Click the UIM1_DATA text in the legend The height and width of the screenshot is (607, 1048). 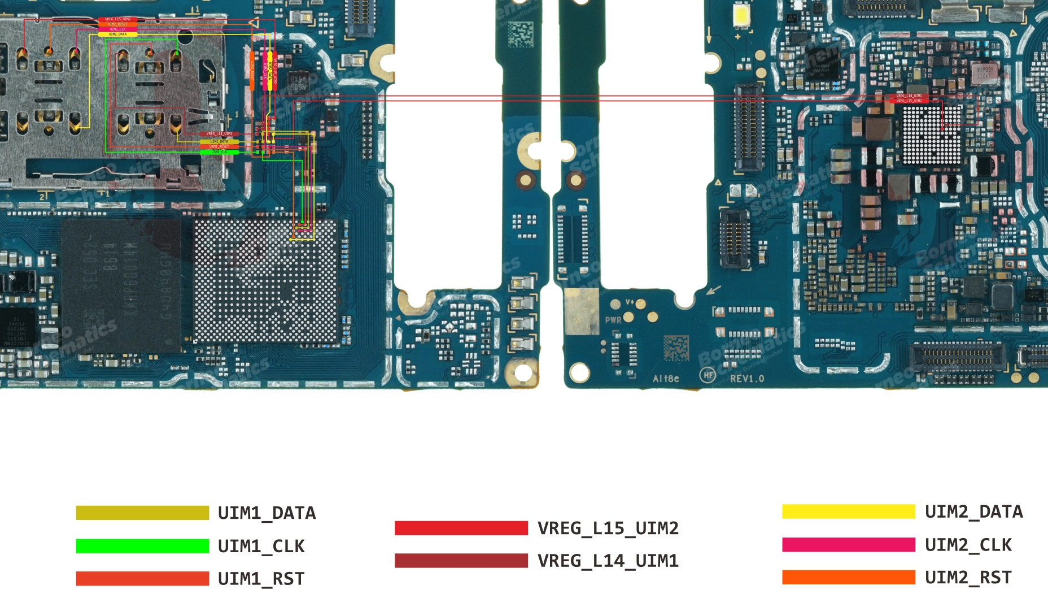pos(267,513)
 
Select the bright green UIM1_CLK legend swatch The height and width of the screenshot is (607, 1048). pos(142,546)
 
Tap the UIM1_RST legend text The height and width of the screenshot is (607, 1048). pos(261,579)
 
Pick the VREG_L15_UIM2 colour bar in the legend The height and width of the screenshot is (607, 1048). pos(461,528)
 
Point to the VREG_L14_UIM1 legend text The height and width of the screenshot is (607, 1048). pos(608,561)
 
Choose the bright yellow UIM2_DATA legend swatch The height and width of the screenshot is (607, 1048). pos(848,511)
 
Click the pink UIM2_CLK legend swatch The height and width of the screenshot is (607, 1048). pos(848,544)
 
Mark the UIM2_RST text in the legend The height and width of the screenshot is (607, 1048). pos(968,578)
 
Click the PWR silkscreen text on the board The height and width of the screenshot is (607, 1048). pos(613,320)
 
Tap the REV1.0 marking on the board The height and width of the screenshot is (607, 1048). pos(747,378)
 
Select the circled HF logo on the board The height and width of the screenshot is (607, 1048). pos(708,375)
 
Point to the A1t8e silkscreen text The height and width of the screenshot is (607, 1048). pos(666,378)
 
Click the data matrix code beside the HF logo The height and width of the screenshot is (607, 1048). pos(676,348)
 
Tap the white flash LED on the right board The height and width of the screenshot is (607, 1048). pos(741,15)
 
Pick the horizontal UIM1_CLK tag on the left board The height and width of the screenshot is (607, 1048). pos(219,152)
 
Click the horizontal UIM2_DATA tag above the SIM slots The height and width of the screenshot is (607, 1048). pos(117,34)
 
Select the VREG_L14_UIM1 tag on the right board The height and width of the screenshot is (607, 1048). pos(909,96)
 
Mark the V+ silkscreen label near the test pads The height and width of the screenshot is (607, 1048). pos(629,303)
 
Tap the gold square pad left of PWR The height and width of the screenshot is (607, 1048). pos(581,311)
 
